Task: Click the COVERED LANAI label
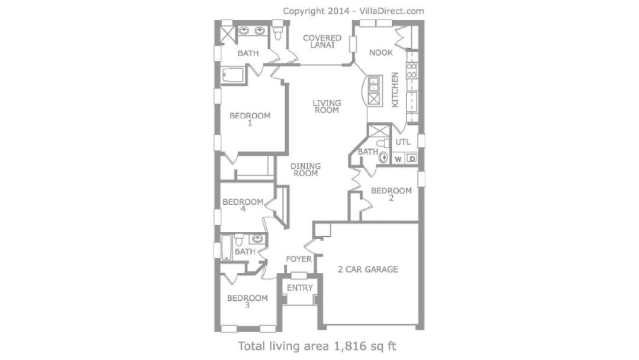322,41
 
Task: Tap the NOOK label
380,53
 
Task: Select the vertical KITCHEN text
395,90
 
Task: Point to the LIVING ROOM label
327,107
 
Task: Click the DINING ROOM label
306,169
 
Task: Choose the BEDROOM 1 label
250,119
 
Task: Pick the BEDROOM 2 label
391,194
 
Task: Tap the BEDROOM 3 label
247,301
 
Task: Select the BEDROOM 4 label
243,205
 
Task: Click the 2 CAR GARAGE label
368,269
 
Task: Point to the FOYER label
299,259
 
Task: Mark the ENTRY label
300,288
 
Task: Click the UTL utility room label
403,142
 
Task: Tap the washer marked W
398,159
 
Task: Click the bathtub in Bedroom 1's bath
233,75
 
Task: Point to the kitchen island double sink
374,85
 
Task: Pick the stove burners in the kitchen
412,70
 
